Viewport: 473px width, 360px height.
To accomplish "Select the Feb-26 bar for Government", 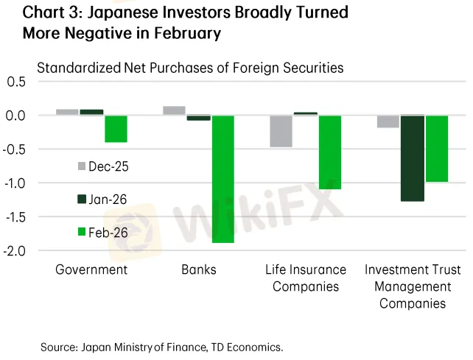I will coord(116,129).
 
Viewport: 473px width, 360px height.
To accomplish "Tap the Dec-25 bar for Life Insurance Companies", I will coord(281,131).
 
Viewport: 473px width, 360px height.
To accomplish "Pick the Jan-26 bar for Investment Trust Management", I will coord(413,158).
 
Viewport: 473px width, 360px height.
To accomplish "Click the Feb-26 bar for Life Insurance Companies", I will coord(331,152).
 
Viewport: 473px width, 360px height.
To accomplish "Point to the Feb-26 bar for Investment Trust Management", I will coord(438,149).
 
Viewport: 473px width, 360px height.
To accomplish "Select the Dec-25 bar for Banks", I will coord(174,110).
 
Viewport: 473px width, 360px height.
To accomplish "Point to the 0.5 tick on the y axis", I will coord(15,82).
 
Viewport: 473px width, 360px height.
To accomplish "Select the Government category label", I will coord(91,269).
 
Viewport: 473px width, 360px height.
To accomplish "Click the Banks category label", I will coord(199,269).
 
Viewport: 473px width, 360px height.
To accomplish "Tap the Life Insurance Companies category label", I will coord(306,278).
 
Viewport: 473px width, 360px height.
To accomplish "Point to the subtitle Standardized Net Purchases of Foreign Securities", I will coord(190,68).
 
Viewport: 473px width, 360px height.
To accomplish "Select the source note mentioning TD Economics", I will coord(162,345).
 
